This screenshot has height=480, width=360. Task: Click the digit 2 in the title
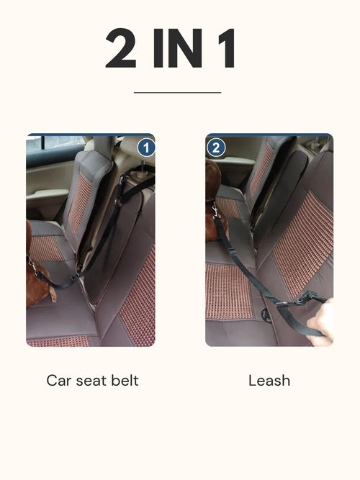[124, 50]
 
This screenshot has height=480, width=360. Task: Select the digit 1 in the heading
[226, 50]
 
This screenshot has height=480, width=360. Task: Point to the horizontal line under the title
[177, 92]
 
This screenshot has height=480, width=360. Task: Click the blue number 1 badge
[146, 148]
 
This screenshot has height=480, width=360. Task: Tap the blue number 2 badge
[216, 148]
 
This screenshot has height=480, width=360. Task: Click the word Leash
[269, 380]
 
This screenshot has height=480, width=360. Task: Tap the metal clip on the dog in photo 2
[214, 211]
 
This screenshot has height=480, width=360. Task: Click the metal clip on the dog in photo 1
[32, 269]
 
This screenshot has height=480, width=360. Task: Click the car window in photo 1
[47, 144]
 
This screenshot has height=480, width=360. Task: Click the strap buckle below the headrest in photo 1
[118, 201]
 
